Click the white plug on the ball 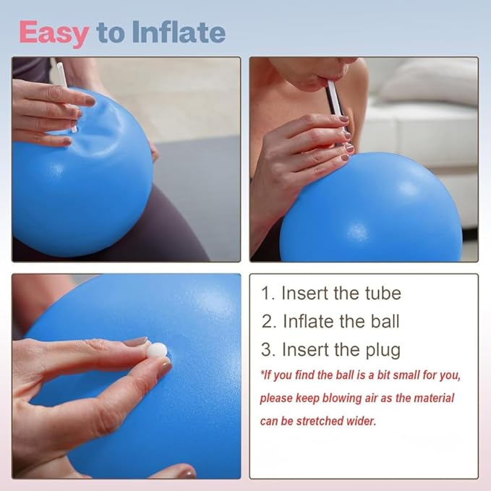point(157,350)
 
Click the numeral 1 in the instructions point(267,294)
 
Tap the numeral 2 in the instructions point(268,321)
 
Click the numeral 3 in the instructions point(268,350)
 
